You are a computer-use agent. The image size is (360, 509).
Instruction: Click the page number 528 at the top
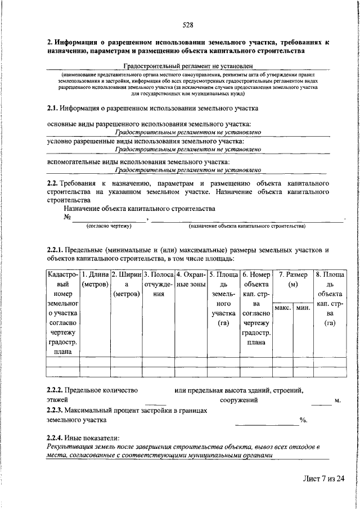(x=188, y=24)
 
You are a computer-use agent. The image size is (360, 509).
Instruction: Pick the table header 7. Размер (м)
(x=292, y=280)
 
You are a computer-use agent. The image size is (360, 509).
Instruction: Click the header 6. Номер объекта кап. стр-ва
(x=256, y=315)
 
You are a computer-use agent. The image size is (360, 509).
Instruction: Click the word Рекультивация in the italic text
(x=72, y=447)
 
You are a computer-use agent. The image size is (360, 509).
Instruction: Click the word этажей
(x=57, y=400)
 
